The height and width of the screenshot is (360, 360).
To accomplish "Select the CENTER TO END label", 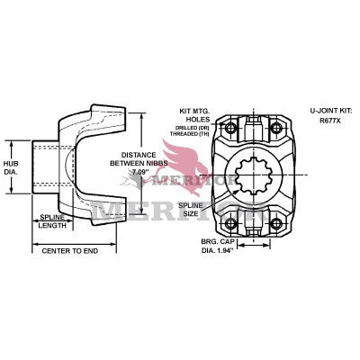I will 70,249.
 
